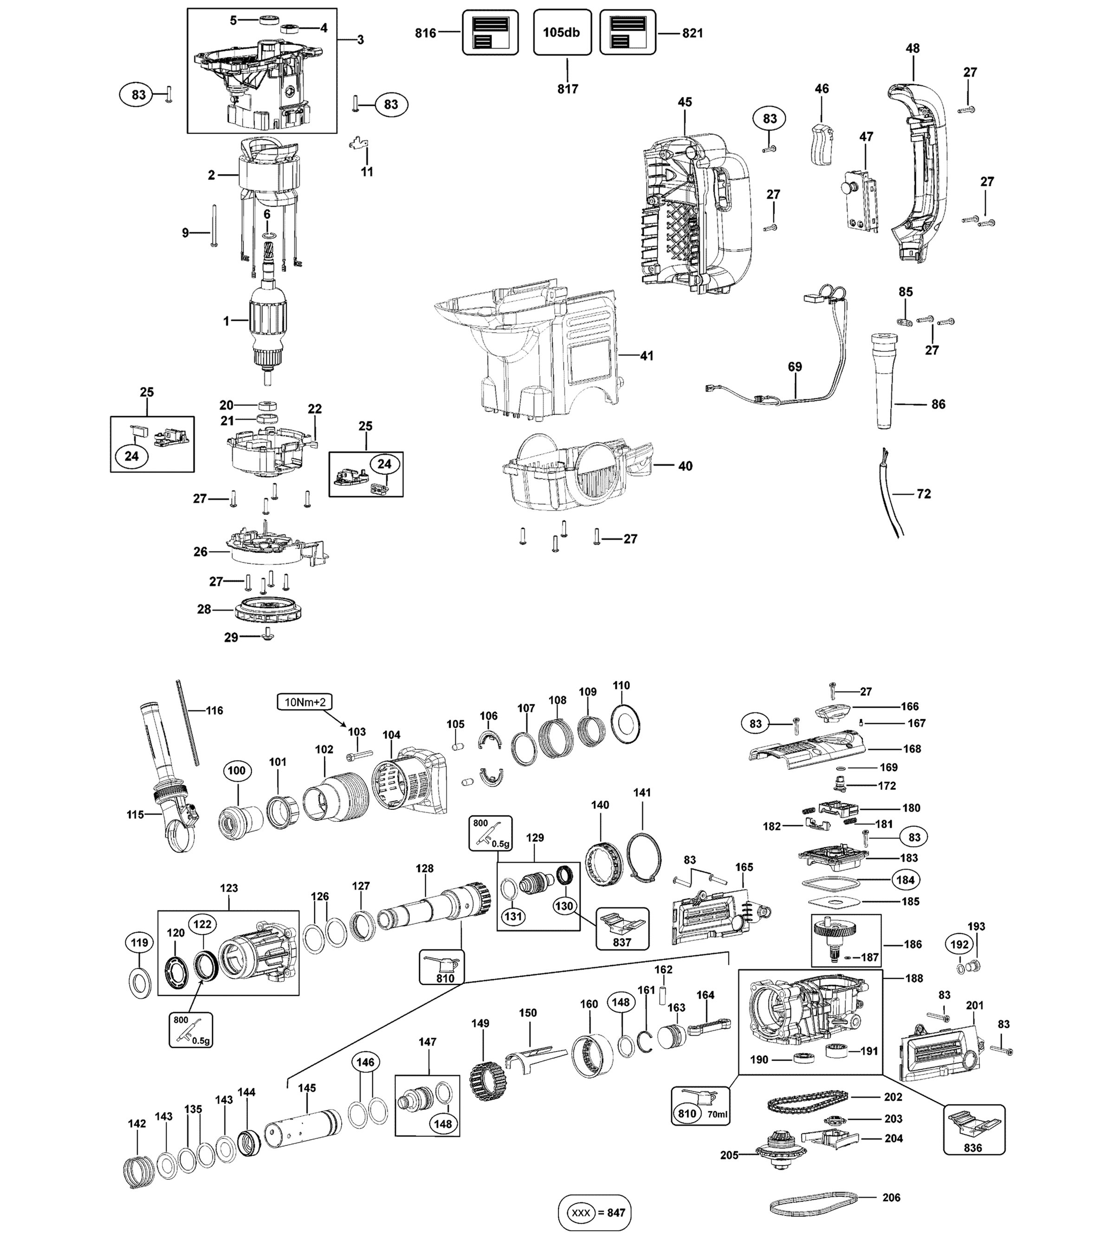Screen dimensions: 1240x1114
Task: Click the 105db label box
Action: tap(562, 32)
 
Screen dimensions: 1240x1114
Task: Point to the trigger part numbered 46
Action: tap(822, 143)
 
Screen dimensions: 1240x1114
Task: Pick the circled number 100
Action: tap(237, 770)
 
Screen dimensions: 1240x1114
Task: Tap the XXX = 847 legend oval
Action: tap(594, 1212)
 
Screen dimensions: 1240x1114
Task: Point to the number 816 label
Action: tap(425, 33)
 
